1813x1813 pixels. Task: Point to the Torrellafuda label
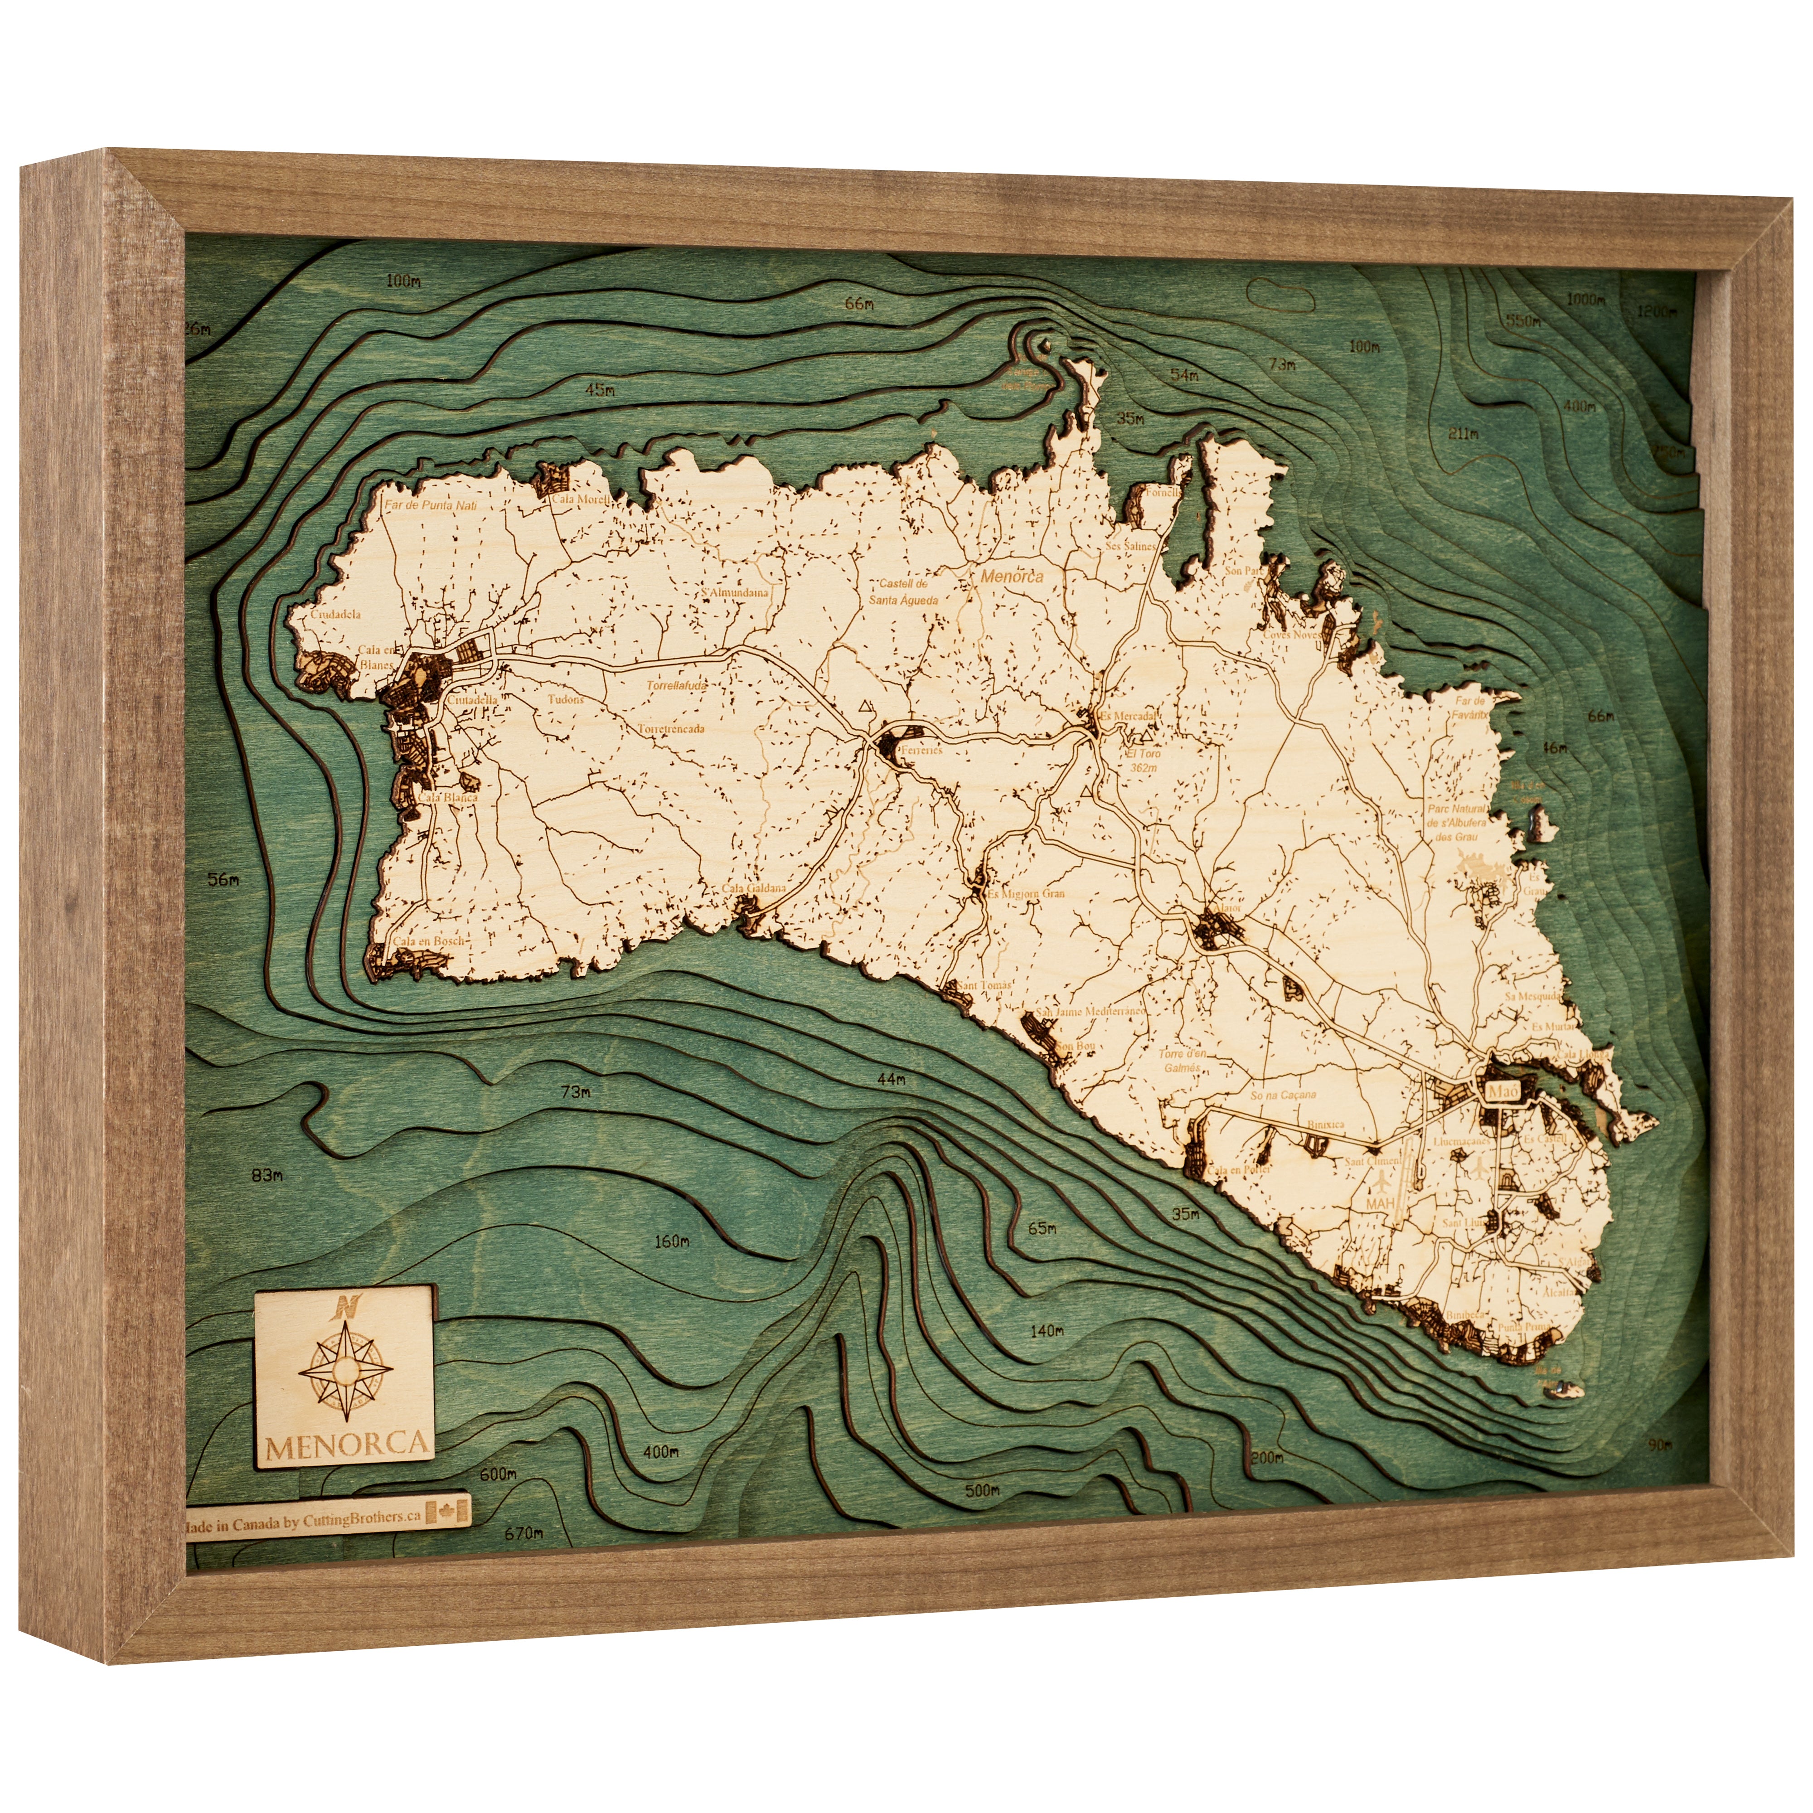tap(676, 686)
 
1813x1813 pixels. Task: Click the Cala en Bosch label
tap(428, 940)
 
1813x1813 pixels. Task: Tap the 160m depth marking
tap(671, 1241)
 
